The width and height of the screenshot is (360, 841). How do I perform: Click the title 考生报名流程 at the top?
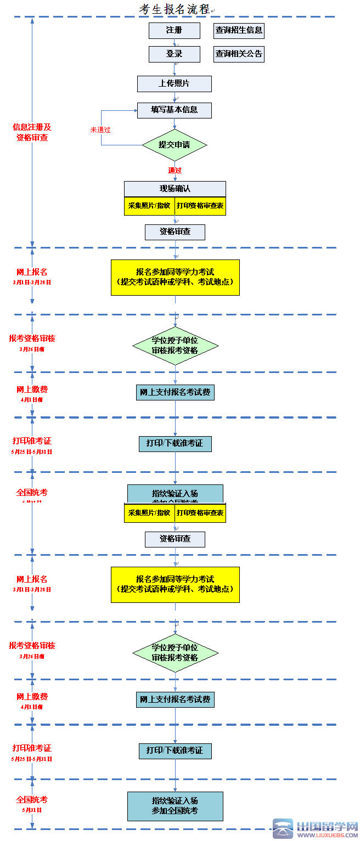175,9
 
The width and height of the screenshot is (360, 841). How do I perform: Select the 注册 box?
175,31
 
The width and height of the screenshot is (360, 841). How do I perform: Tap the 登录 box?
175,54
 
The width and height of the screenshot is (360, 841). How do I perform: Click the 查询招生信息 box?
239,31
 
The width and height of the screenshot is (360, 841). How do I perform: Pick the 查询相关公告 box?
239,54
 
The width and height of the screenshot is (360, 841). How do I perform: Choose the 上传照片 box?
175,84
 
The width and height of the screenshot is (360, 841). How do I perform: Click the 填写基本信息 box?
175,110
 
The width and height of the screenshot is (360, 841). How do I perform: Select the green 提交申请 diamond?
175,145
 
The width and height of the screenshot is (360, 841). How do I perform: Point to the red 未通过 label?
100,130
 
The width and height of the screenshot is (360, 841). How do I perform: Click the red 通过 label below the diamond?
175,171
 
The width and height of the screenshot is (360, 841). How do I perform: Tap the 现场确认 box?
175,189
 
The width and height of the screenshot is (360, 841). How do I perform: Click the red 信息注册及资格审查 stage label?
32,132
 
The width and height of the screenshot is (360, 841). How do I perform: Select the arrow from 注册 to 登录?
175,43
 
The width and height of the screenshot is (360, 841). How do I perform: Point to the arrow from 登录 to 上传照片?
175,69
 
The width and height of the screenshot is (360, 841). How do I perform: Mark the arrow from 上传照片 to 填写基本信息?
175,98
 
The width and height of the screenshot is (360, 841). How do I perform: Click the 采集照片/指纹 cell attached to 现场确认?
149,206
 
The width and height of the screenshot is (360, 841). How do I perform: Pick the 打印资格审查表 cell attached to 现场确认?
200,206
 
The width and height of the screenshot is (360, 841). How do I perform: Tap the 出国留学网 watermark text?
327,826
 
